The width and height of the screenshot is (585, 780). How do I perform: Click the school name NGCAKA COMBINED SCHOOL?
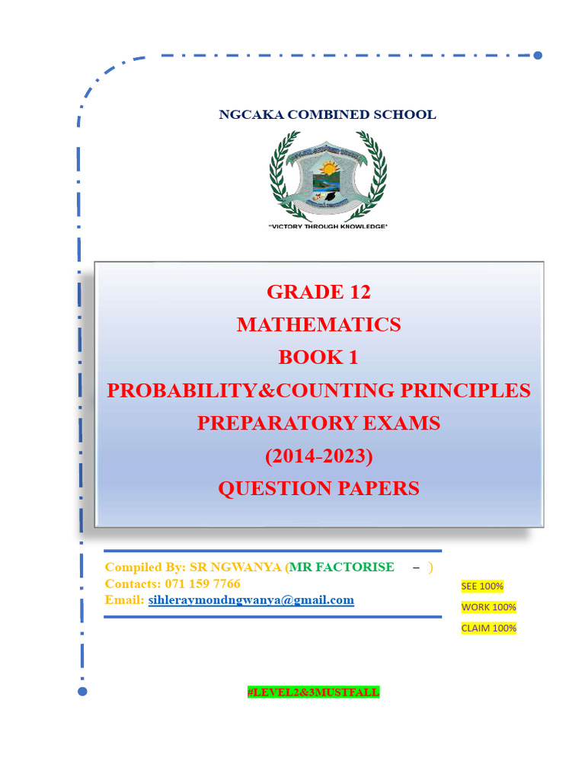pyautogui.click(x=328, y=115)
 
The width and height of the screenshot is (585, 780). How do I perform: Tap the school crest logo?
pyautogui.click(x=328, y=177)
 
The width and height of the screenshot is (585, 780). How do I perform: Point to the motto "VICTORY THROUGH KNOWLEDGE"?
pyautogui.click(x=328, y=227)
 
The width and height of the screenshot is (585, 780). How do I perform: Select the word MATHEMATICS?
pyautogui.click(x=318, y=324)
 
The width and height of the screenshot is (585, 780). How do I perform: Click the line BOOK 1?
pyautogui.click(x=318, y=357)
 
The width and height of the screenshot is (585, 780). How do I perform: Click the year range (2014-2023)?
pyautogui.click(x=318, y=456)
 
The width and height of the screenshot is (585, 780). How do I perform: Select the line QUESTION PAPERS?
pyautogui.click(x=318, y=488)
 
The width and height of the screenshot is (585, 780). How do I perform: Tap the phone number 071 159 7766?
pyautogui.click(x=202, y=583)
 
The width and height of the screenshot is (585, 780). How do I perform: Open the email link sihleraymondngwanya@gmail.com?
pyautogui.click(x=251, y=600)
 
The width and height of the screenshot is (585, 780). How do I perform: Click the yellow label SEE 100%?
pyautogui.click(x=482, y=586)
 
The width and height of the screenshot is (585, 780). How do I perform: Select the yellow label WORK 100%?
pyautogui.click(x=488, y=607)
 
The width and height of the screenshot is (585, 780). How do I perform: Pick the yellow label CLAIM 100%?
pyautogui.click(x=488, y=628)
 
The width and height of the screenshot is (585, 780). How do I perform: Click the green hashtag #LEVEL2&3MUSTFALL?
pyautogui.click(x=312, y=692)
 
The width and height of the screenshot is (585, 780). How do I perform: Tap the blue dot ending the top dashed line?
pyautogui.click(x=538, y=56)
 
